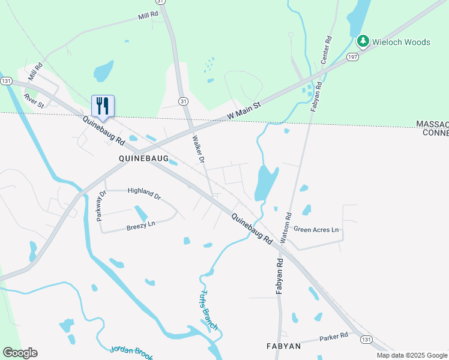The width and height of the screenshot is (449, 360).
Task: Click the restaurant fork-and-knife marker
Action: pos(103,106)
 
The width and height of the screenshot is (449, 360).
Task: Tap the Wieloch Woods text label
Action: pos(401,42)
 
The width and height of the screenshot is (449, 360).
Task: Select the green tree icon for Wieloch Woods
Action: pos(363,41)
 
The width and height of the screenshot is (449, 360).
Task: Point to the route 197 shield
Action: pos(352,56)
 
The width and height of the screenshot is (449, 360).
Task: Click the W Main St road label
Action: pos(244,111)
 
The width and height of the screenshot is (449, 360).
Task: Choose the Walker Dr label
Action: pos(199,149)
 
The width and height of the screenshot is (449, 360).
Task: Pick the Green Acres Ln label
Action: pos(316,230)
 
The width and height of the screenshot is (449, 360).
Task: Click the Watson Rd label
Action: pos(288,223)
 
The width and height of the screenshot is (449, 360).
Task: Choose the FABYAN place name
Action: pos(283,346)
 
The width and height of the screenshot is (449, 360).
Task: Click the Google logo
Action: pos(20,353)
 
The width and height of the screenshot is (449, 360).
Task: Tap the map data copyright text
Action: pos(411,355)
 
